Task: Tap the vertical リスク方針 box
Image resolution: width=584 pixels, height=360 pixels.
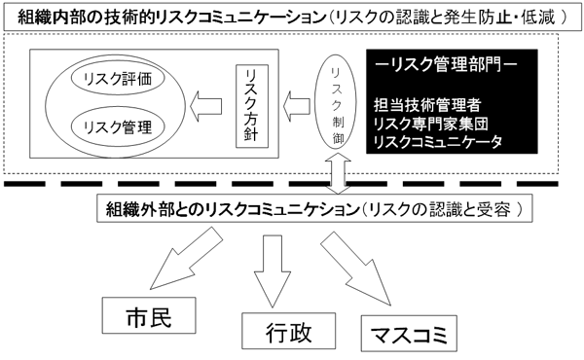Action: [x=250, y=107]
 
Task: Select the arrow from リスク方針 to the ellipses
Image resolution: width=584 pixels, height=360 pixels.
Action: [x=205, y=104]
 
